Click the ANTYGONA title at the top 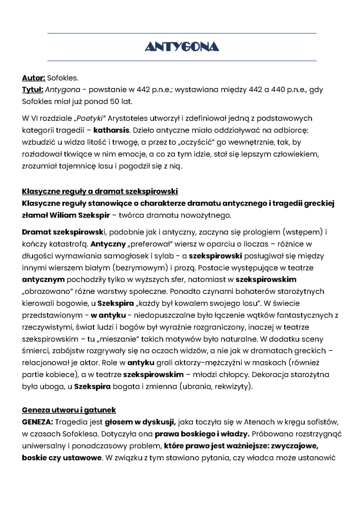(x=182, y=47)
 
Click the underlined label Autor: (x=33, y=78)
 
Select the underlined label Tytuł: (x=32, y=90)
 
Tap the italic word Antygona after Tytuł (x=62, y=90)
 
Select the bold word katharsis (x=111, y=130)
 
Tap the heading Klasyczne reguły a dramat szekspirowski (x=100, y=192)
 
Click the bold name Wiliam (x=63, y=215)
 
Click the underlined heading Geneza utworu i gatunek (x=69, y=410)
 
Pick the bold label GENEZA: (x=37, y=422)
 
